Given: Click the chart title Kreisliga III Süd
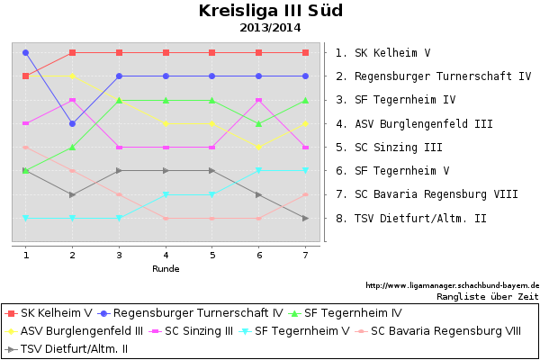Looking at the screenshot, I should click(270, 12).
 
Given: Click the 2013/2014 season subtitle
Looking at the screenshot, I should click(270, 28).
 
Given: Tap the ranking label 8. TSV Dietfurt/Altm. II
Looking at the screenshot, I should click(410, 218).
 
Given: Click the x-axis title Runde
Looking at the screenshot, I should click(166, 268).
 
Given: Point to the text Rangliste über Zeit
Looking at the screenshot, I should click(487, 295).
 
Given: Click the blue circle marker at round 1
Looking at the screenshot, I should click(25, 53).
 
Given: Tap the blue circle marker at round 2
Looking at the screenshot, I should click(72, 123).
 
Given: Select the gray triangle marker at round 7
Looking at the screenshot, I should click(306, 218).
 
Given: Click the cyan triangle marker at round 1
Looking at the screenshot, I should click(25, 218).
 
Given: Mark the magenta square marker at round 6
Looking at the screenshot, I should click(259, 100).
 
